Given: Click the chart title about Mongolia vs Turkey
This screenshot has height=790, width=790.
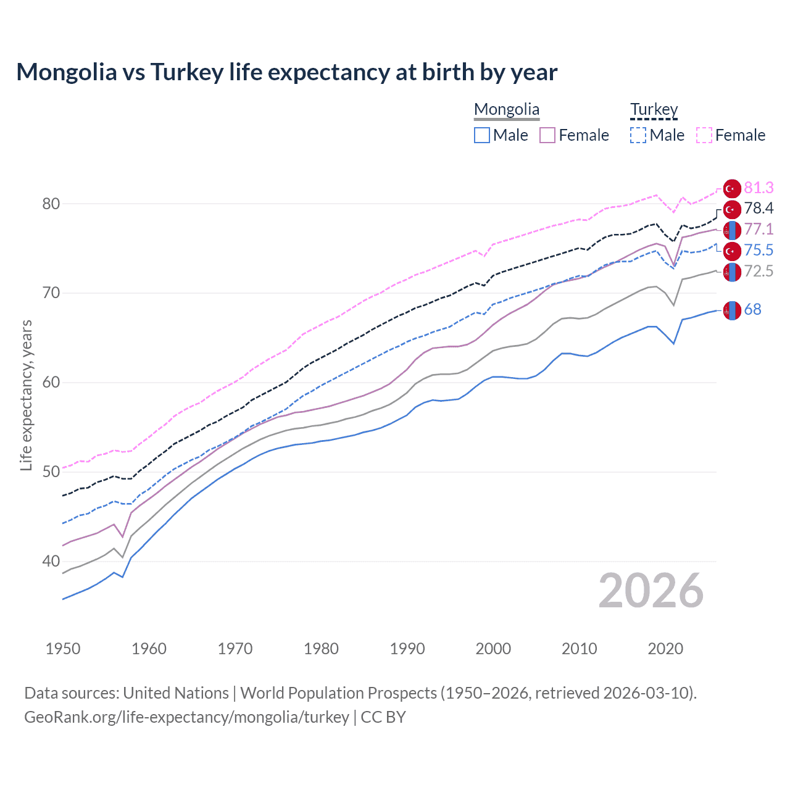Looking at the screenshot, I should click(286, 72).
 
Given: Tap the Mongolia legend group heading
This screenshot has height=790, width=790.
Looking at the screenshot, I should click(507, 110).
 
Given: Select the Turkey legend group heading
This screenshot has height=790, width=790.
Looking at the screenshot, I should click(654, 110).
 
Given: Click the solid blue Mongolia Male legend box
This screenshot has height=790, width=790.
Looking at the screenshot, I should click(482, 135).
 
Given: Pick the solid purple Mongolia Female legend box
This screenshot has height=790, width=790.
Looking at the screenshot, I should click(547, 135).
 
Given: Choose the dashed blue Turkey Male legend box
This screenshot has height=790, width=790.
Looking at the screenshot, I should click(638, 135).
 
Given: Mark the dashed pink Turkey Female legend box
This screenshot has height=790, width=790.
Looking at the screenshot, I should click(704, 135).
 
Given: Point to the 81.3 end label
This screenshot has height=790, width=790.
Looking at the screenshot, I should click(759, 188).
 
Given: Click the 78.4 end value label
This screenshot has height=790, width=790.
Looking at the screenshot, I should click(759, 209).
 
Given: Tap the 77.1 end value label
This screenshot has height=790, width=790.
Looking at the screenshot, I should click(759, 230).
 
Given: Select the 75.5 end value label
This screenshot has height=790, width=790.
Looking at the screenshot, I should click(759, 250).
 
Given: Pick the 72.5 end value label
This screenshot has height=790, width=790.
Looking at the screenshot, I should click(759, 271).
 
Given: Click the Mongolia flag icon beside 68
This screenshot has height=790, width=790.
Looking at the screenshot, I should click(732, 310).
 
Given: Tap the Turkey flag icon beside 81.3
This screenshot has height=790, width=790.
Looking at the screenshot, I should click(732, 188).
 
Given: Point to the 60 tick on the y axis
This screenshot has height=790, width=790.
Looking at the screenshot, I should click(51, 383).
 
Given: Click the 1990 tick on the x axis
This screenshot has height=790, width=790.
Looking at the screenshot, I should click(407, 649).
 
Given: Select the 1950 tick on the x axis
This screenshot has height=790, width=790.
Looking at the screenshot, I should click(63, 649).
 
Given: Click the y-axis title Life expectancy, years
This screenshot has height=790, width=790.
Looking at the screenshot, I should click(26, 395).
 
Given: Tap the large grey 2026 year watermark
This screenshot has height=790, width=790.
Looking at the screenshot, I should click(651, 591).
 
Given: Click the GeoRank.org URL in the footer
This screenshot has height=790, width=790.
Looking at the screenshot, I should click(186, 717).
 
